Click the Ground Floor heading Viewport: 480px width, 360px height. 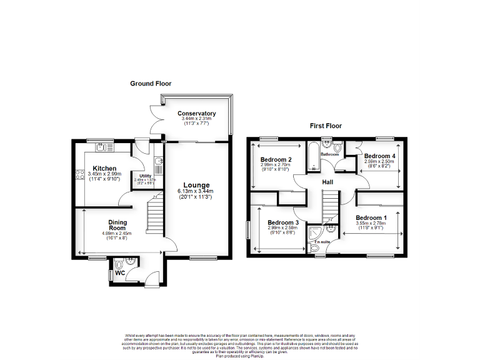[x=151, y=83]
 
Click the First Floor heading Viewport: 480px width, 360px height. [x=326, y=126]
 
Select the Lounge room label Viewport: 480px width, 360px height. [x=197, y=185]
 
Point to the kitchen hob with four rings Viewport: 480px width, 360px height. [x=79, y=176]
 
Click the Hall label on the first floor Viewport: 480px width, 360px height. [x=327, y=182]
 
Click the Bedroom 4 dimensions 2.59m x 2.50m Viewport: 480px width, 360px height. [x=379, y=162]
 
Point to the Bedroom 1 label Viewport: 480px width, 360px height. [x=371, y=217]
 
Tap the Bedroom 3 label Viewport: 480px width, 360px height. [x=283, y=222]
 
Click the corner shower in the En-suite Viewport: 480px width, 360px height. [x=329, y=230]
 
